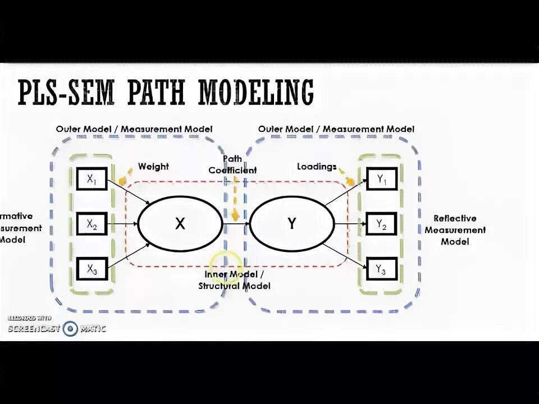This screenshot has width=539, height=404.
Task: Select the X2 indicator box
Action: click(91, 224)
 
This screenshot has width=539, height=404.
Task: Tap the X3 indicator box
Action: click(91, 269)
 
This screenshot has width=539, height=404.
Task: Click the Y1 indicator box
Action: click(381, 180)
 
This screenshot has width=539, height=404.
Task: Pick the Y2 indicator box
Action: click(381, 224)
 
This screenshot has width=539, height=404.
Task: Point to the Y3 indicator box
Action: click(381, 269)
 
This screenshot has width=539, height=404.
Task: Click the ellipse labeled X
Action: click(180, 224)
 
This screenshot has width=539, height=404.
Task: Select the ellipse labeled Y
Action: click(291, 224)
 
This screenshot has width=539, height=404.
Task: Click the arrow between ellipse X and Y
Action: click(236, 224)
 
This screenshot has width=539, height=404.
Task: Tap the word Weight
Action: click(153, 167)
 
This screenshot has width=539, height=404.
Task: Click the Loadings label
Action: click(317, 167)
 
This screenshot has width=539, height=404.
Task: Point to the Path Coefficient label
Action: click(232, 165)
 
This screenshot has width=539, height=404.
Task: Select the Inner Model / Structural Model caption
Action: click(234, 280)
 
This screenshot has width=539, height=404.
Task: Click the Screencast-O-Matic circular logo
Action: click(70, 329)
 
